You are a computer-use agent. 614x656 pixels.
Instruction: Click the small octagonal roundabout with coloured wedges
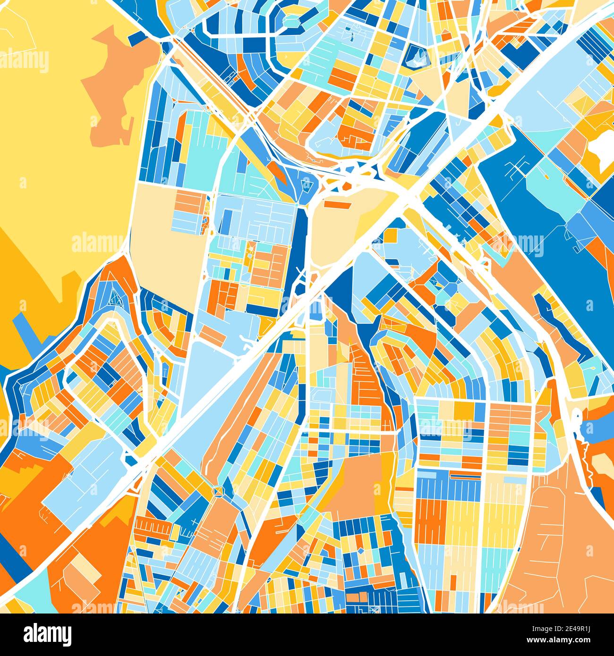[218, 491]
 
